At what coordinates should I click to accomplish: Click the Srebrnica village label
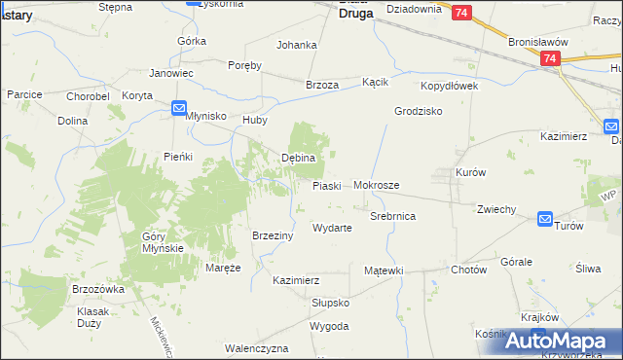393,216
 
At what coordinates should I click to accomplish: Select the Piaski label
326,186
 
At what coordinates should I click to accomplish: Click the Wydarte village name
331,228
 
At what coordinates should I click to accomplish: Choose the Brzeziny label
274,235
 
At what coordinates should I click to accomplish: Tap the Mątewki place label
384,270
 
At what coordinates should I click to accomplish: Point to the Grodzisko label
419,111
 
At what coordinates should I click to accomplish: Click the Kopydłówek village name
449,87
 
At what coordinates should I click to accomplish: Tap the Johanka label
297,45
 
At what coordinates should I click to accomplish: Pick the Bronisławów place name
537,43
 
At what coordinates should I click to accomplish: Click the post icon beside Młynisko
180,109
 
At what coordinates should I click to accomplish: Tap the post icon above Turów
545,220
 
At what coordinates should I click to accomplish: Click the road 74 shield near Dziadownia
461,12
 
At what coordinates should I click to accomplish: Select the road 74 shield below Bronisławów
550,59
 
